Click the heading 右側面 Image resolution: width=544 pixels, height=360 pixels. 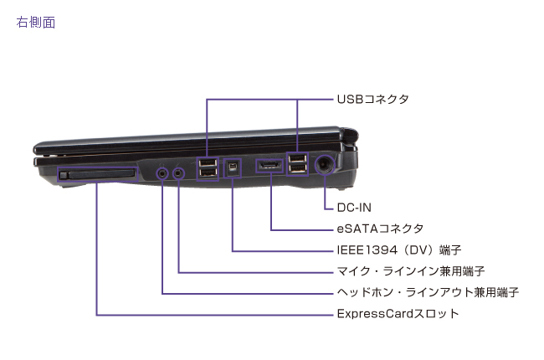click(x=36, y=23)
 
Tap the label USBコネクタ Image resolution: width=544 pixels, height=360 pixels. click(x=372, y=100)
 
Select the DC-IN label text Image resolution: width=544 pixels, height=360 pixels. click(x=356, y=206)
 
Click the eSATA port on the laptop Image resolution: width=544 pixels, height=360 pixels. click(x=270, y=167)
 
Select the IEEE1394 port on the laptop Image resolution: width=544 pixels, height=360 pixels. click(x=233, y=167)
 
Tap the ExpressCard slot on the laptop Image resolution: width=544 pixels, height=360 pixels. click(x=98, y=173)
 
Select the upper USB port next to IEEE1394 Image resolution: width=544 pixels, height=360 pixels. click(x=206, y=162)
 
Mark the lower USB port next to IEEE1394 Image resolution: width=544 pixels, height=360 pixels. click(x=206, y=174)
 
